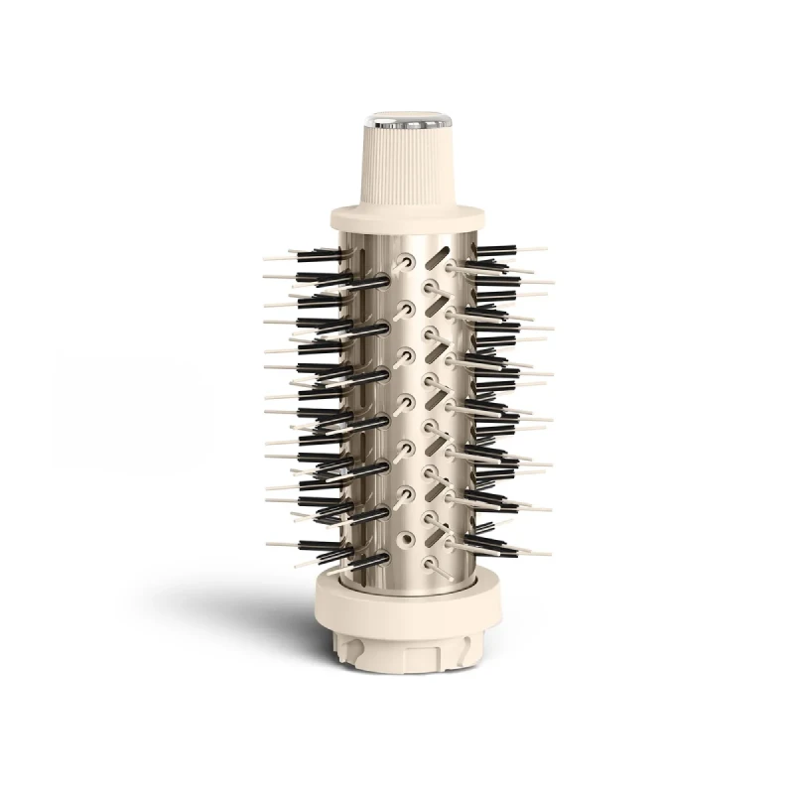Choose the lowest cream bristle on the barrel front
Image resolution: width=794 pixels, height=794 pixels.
point(437,566)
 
